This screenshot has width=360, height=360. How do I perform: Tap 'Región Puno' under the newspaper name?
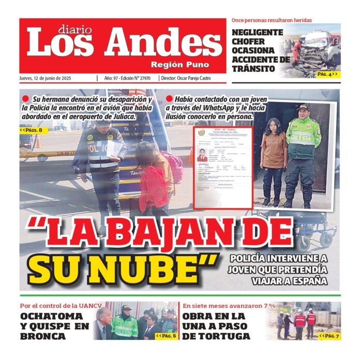(x=180, y=65)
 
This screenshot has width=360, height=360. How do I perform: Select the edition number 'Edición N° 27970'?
(x=136, y=78)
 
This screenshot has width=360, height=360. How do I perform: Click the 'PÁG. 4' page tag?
(x=326, y=74)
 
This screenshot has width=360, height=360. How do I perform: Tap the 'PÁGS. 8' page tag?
(x=34, y=130)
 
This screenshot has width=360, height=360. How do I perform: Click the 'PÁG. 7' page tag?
(x=329, y=336)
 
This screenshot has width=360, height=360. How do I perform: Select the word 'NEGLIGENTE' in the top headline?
(x=258, y=32)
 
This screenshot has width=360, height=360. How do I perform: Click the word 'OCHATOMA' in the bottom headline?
(x=51, y=316)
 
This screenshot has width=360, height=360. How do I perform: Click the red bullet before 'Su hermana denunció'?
(x=25, y=98)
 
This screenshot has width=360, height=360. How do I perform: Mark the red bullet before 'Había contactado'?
(x=169, y=98)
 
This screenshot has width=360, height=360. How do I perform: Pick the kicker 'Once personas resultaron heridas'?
(x=272, y=20)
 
